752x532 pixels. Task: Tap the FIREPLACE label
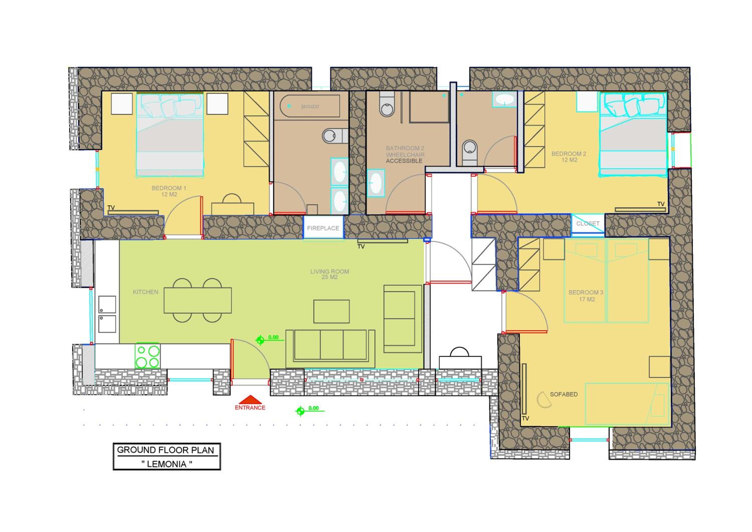[323, 228]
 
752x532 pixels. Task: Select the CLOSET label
[588, 224]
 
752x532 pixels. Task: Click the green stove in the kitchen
[148, 356]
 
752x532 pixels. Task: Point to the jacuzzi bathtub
[310, 106]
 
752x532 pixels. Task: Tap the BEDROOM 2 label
[569, 157]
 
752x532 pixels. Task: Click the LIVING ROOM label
[329, 274]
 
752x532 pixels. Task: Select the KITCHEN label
[145, 292]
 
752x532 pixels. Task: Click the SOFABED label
[564, 394]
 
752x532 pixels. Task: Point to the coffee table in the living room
[331, 311]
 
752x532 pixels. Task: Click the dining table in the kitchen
[198, 300]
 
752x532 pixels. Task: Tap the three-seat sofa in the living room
[330, 349]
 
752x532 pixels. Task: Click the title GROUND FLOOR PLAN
[165, 450]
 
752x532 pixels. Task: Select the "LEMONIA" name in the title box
[167, 464]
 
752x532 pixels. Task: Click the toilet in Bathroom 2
[387, 104]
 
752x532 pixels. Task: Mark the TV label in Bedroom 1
[111, 208]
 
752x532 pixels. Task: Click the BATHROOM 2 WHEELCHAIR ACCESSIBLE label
[405, 154]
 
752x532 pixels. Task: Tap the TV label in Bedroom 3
[525, 419]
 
